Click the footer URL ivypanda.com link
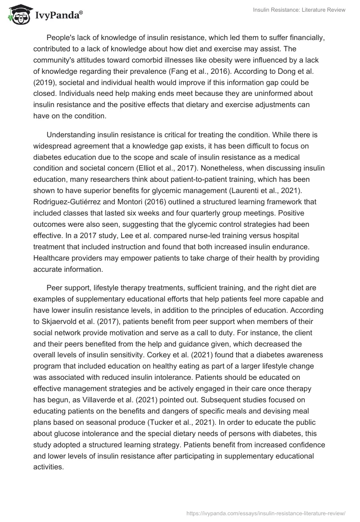[266, 513]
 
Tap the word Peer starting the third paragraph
[55, 288]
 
